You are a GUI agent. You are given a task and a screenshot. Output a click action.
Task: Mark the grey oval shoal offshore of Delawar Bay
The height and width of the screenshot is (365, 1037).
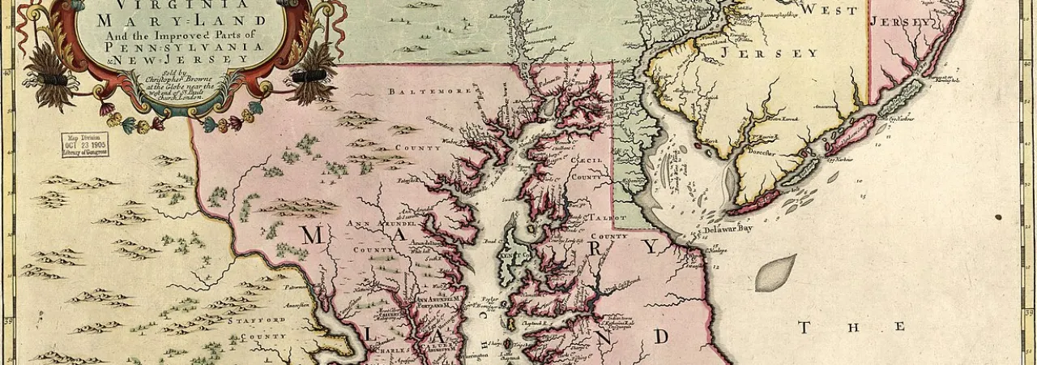click(x=775, y=273)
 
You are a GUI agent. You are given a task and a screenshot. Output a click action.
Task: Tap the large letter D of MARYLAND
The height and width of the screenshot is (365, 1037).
click(x=662, y=335)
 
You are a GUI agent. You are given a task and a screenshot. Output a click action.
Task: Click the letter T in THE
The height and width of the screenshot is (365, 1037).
click(x=804, y=327)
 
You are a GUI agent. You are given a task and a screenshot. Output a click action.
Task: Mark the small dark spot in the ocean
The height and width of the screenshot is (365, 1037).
click(x=997, y=217)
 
